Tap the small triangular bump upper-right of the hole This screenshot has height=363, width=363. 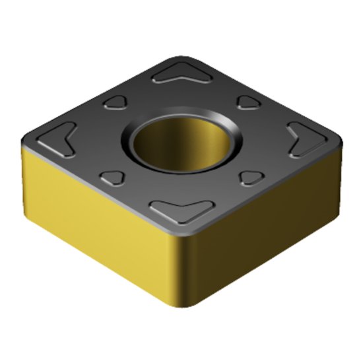(249, 102)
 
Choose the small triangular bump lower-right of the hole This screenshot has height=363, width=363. (250, 178)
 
